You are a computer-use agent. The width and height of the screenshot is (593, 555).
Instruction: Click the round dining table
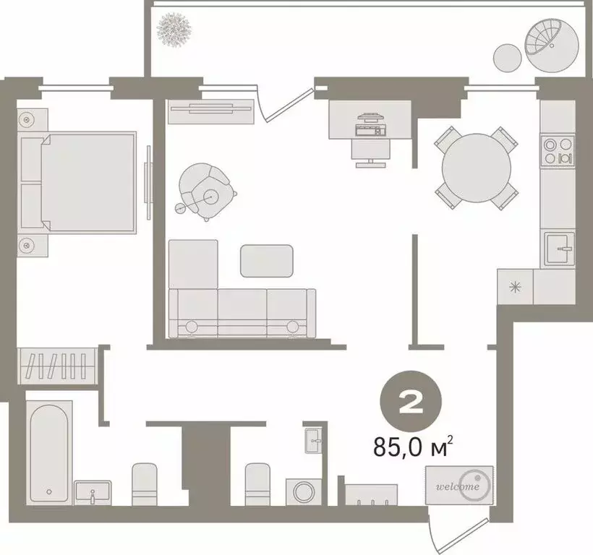click(x=476, y=167)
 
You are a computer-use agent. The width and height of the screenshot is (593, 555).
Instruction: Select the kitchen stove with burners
click(x=558, y=150)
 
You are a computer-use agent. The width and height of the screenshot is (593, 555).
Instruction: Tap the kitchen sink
click(x=560, y=249)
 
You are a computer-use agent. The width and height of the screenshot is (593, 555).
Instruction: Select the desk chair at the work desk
click(x=372, y=149)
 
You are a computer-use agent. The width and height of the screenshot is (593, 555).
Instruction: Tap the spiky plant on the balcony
click(x=174, y=28)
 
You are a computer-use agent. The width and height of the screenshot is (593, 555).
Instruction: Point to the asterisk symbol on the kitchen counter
click(x=516, y=285)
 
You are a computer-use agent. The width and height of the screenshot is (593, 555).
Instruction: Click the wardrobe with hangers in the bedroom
click(x=58, y=363)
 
